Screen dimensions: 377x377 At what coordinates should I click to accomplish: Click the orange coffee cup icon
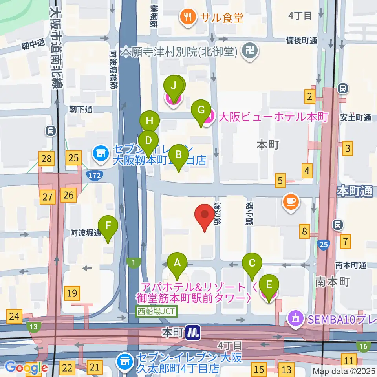291,202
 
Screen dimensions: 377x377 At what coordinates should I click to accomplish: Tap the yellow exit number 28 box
46,159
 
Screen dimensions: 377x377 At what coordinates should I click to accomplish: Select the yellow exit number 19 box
72,293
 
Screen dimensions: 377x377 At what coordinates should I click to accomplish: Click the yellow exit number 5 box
280,181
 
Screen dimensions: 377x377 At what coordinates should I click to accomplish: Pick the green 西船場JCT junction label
157,312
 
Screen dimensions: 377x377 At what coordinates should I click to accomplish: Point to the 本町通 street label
354,192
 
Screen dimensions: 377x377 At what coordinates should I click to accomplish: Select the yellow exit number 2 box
310,96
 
